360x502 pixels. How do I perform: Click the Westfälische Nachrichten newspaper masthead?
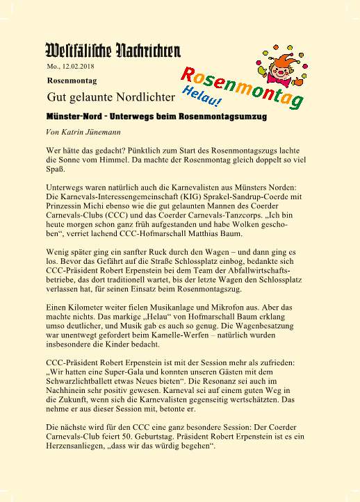113,50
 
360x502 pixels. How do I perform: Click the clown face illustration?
277,59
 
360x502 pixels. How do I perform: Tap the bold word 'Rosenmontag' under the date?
68,80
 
